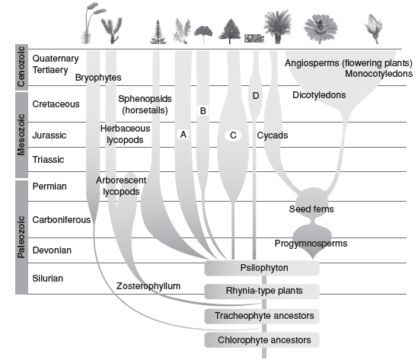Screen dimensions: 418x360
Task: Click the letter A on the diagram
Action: [183, 135]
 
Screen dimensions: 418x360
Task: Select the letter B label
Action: [203, 110]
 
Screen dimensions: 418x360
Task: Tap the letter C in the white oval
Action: [233, 135]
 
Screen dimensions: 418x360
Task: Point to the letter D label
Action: [256, 96]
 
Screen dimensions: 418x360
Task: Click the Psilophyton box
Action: [262, 268]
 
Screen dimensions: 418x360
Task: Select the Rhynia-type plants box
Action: [262, 292]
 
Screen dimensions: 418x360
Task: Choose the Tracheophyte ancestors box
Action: [262, 317]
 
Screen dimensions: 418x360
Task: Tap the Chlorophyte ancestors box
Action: [262, 340]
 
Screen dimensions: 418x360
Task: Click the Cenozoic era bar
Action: [21, 67]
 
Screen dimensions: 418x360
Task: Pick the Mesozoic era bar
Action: [21, 135]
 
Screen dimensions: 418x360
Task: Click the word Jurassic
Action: [49, 135]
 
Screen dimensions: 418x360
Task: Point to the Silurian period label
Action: [48, 279]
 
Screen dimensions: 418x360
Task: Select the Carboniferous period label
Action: [62, 220]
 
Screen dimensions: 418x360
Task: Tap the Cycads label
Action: [273, 135]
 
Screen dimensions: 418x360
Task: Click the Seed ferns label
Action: [311, 209]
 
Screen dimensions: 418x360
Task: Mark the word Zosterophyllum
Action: [148, 286]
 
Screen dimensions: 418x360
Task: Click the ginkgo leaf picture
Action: [203, 33]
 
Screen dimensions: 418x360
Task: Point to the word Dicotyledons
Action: [319, 95]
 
